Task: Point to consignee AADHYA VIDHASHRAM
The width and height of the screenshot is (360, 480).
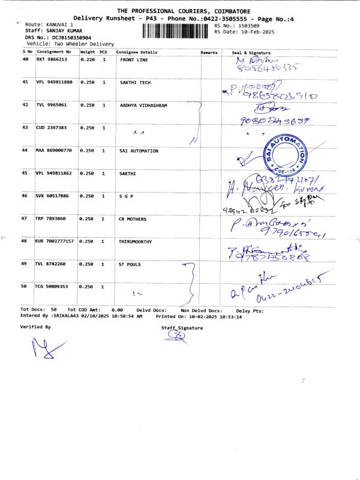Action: [x=143, y=105]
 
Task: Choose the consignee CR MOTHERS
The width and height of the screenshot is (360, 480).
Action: [x=133, y=219]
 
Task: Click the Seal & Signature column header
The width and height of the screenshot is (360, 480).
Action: [x=251, y=53]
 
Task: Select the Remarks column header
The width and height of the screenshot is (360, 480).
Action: [x=209, y=53]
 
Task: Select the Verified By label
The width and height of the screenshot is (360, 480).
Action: [x=35, y=327]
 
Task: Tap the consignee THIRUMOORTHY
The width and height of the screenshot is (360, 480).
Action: [x=137, y=241]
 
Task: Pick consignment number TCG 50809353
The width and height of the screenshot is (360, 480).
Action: [x=52, y=287]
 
